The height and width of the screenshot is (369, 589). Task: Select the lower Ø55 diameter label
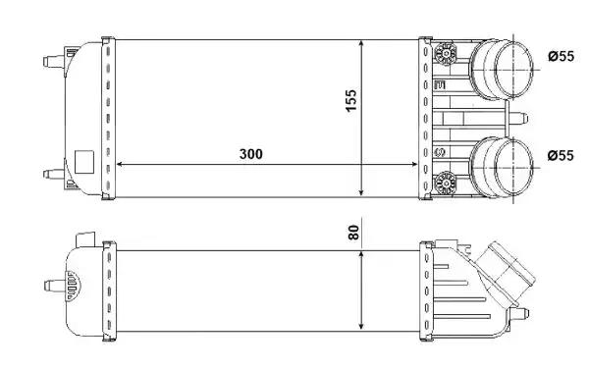click(x=560, y=155)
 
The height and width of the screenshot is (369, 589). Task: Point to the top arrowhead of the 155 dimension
click(x=364, y=45)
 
